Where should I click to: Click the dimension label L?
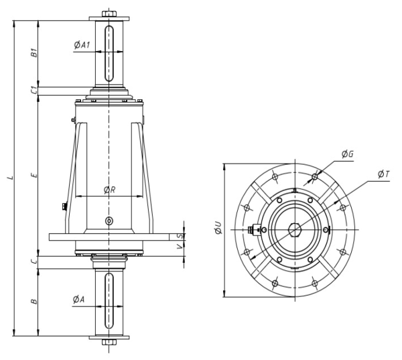(x=10, y=177)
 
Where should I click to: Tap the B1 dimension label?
(x=34, y=52)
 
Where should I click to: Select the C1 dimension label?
(x=34, y=91)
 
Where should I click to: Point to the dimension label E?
(x=34, y=175)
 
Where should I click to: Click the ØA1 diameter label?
(x=82, y=45)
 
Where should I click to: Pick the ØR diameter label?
(x=109, y=190)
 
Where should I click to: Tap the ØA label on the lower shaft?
(x=78, y=299)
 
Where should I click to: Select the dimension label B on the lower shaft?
(x=34, y=301)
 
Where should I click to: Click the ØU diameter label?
(x=218, y=227)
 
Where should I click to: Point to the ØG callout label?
(x=348, y=154)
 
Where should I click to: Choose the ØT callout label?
(x=383, y=174)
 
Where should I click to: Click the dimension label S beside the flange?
(x=181, y=236)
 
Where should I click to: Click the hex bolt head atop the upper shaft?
(x=109, y=14)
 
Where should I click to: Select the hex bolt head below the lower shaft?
(x=109, y=342)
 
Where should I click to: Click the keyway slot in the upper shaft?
(x=109, y=54)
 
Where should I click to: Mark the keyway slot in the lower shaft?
(x=109, y=301)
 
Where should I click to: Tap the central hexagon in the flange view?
(x=295, y=230)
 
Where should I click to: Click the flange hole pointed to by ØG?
(x=315, y=176)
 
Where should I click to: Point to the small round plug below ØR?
(x=109, y=221)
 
